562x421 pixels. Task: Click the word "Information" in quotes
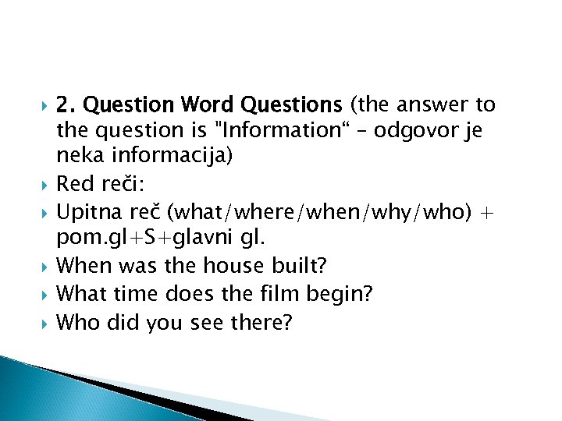pyautogui.click(x=269, y=130)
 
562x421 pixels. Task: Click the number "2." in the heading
pyautogui.click(x=66, y=104)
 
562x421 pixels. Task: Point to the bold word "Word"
pyautogui.click(x=208, y=104)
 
